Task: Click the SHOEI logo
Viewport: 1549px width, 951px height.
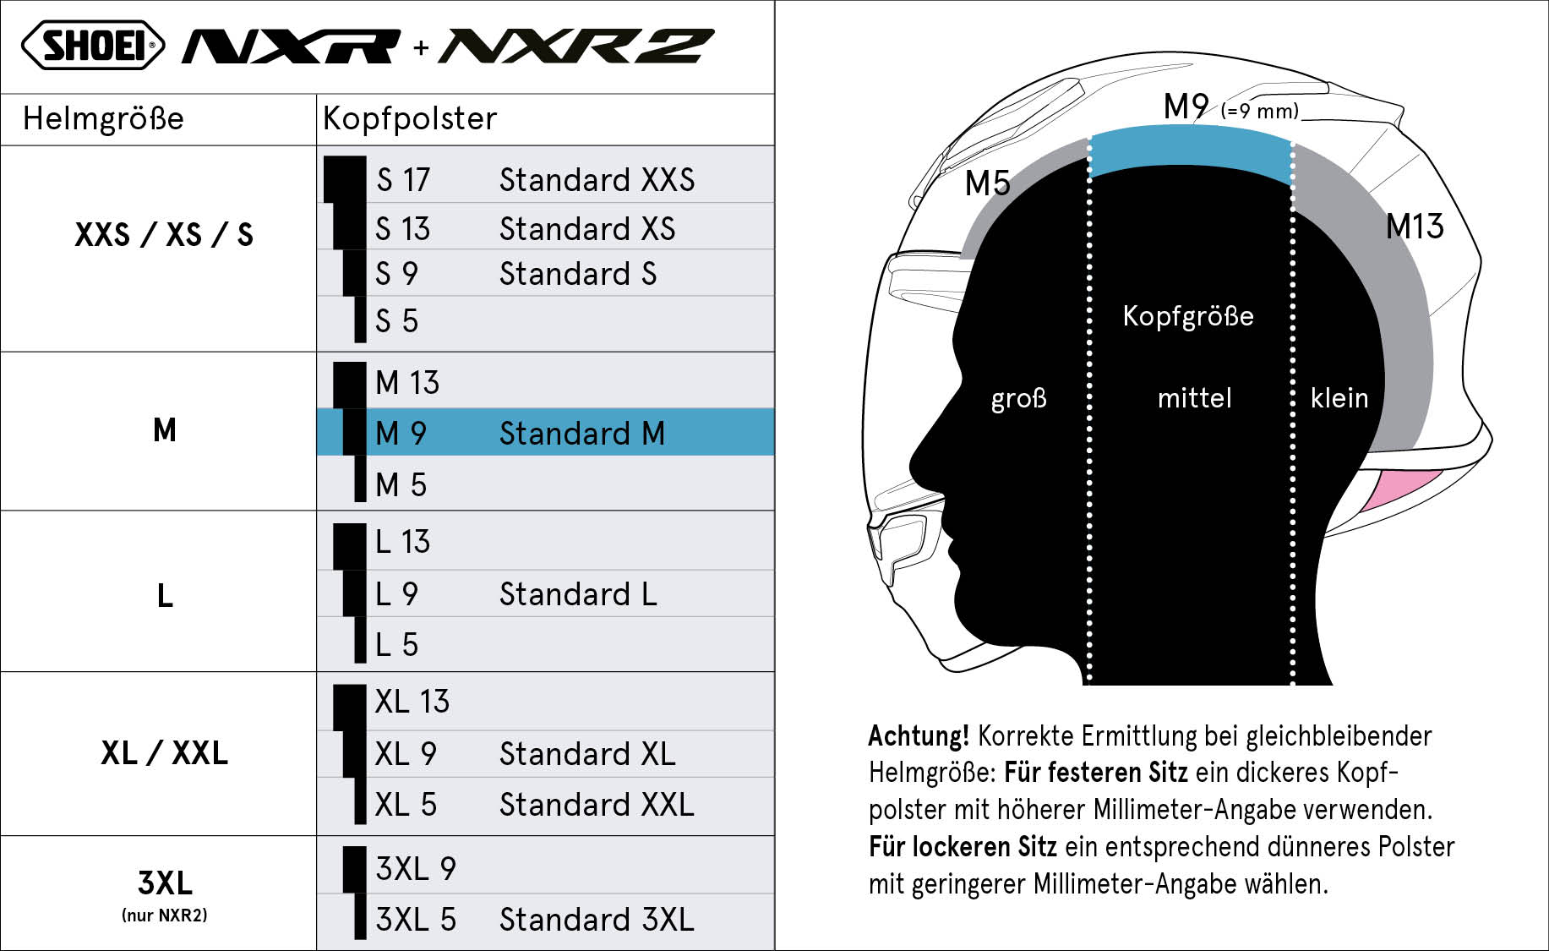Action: pos(93,46)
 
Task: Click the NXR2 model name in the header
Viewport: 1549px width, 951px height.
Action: pos(577,46)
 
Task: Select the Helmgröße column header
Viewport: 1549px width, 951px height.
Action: pos(103,118)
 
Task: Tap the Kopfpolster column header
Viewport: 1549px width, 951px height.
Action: pos(410,118)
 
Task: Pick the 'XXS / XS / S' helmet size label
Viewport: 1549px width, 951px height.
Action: pos(164,234)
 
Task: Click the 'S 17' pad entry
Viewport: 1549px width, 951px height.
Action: pos(403,180)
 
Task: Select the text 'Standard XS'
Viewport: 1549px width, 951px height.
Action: pos(587,229)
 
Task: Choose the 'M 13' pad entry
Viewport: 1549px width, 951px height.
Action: pos(407,383)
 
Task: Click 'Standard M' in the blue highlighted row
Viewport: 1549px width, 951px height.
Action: pos(582,434)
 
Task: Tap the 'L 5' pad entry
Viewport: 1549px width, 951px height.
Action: pos(396,645)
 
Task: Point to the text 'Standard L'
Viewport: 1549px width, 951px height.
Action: pos(578,594)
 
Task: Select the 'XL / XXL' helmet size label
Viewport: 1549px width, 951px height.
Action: pos(164,753)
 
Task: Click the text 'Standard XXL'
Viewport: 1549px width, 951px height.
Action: pos(597,805)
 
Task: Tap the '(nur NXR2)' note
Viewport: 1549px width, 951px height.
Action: pos(164,915)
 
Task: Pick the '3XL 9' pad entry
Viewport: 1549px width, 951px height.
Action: pos(416,869)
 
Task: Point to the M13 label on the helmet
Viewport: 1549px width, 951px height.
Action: pos(1415,227)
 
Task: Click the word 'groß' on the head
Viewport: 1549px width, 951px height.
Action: pos(1018,398)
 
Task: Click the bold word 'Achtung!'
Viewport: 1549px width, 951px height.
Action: pos(919,736)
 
